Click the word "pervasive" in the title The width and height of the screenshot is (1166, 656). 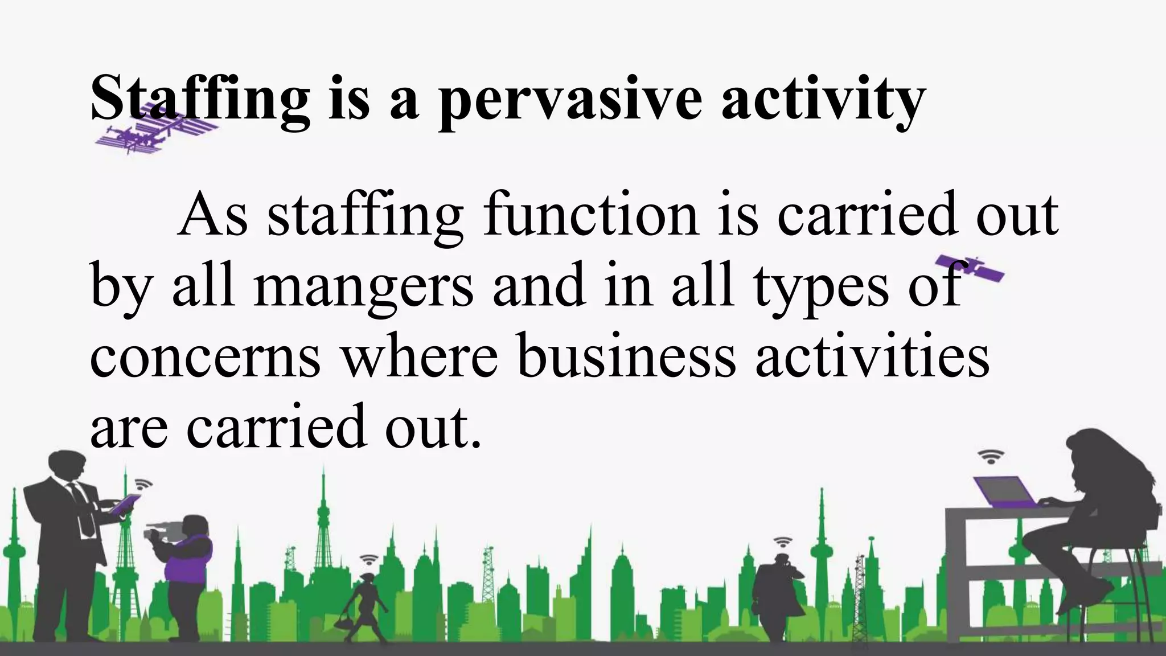pyautogui.click(x=569, y=100)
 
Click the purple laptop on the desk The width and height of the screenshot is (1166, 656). pyautogui.click(x=1005, y=492)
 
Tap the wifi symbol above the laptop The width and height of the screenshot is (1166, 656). pyautogui.click(x=991, y=457)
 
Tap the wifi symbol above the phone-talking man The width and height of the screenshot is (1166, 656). pyautogui.click(x=783, y=542)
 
